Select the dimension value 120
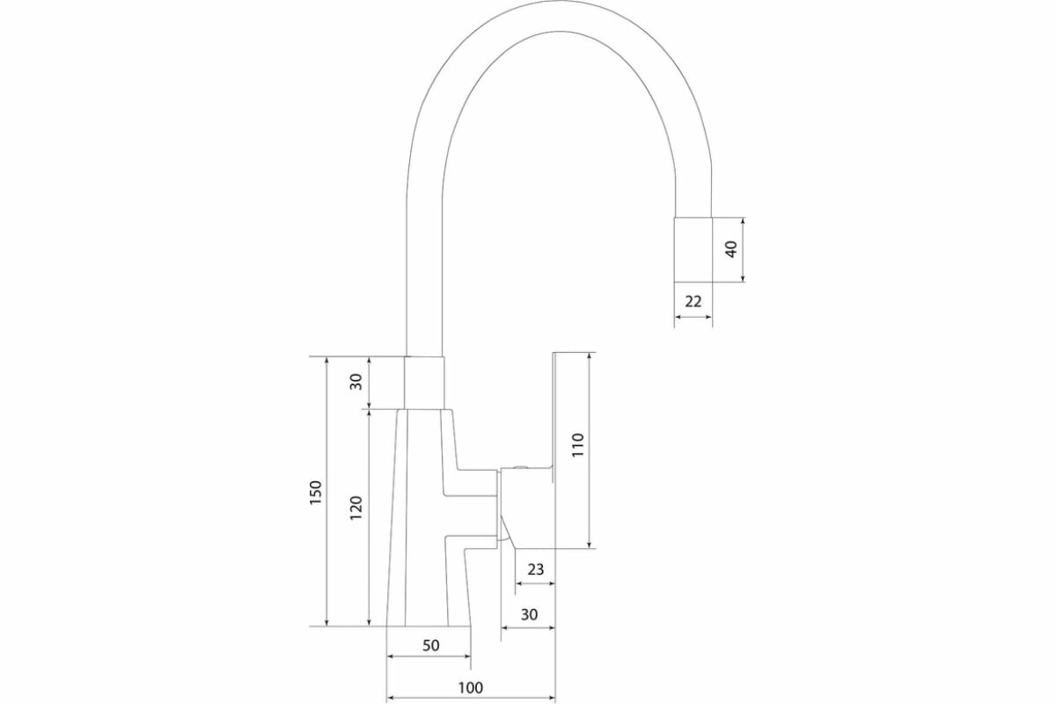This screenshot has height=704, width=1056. tap(356, 508)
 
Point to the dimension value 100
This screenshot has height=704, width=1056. tap(471, 687)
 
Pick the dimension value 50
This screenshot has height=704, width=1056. tap(430, 645)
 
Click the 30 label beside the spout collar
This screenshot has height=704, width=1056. tap(356, 382)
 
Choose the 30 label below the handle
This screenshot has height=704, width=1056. tap(529, 614)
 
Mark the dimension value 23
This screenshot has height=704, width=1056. tap(536, 569)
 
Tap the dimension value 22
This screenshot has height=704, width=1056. tap(693, 301)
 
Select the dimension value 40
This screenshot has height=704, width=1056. tap(730, 249)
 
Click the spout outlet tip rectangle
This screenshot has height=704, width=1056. tap(693, 249)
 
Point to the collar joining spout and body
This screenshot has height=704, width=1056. tap(424, 383)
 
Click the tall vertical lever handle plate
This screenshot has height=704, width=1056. tap(556, 449)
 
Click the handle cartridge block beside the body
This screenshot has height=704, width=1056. tap(525, 502)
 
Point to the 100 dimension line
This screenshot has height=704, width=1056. tap(471, 699)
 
